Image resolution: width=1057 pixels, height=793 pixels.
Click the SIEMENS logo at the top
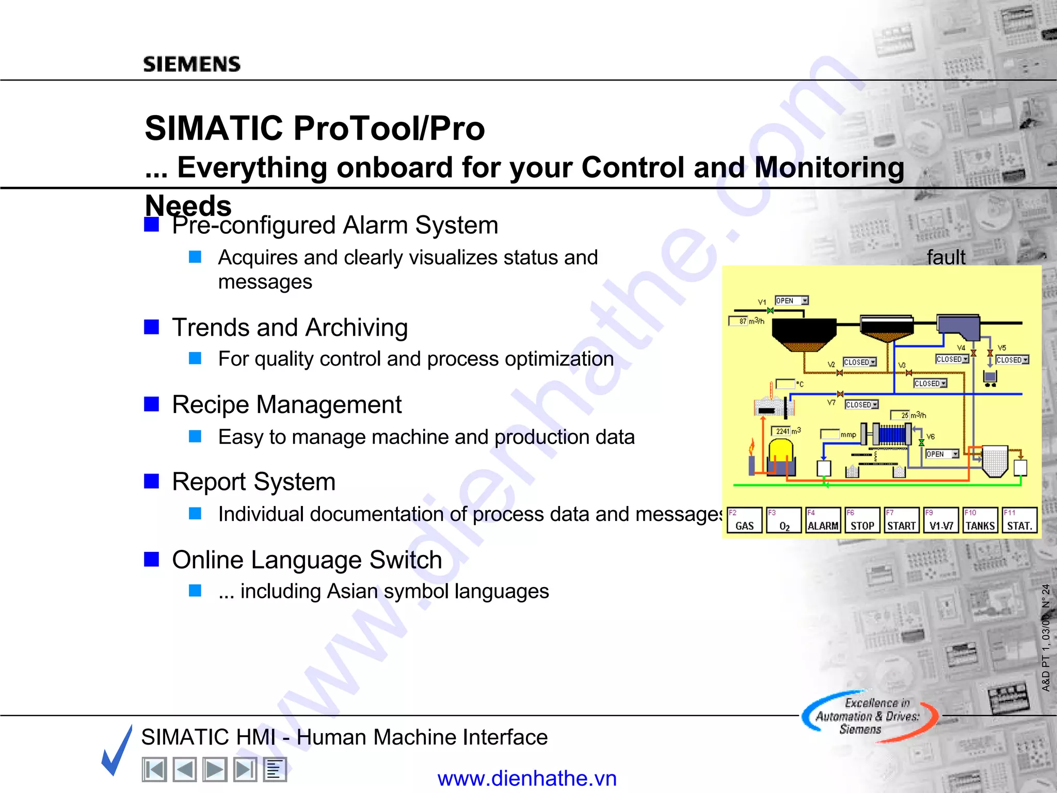(x=191, y=64)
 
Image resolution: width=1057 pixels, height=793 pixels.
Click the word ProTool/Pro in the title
(x=390, y=128)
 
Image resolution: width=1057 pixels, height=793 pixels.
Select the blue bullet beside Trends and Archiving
(x=151, y=327)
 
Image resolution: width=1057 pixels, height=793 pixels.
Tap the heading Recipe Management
(x=286, y=404)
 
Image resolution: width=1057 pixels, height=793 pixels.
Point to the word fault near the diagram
(x=946, y=257)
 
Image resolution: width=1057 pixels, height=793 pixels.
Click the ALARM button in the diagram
(x=823, y=520)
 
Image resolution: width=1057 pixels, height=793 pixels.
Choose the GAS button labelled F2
(x=744, y=520)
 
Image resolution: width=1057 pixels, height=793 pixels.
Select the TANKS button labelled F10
(x=980, y=520)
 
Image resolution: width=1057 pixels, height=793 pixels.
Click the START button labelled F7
(x=901, y=520)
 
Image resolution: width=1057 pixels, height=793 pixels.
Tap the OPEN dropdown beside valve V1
(x=791, y=300)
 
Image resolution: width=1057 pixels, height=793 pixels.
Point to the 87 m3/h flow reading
(x=746, y=321)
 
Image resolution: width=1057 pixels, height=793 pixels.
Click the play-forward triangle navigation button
(x=215, y=770)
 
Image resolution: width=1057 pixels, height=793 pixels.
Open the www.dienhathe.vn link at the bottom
(x=527, y=778)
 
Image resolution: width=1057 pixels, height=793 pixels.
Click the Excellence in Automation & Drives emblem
(x=869, y=717)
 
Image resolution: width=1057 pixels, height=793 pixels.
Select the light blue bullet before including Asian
(x=195, y=591)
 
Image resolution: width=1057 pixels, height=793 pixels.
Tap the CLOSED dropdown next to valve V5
(x=1012, y=360)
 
